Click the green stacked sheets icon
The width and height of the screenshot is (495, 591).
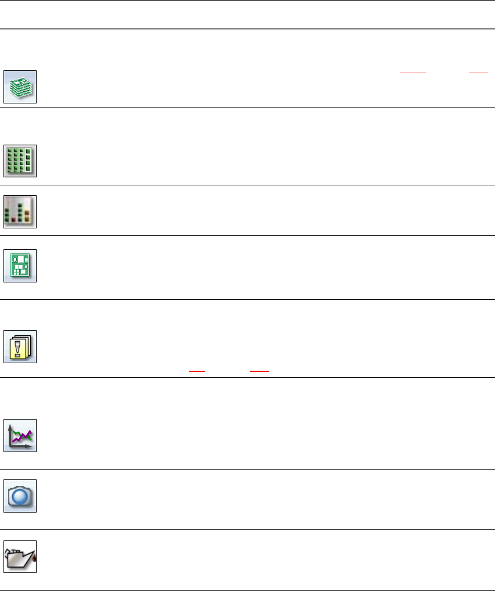point(20,87)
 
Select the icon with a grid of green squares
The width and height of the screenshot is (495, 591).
point(20,160)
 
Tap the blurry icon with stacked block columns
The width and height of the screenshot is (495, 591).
point(20,212)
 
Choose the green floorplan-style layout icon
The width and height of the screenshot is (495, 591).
point(20,266)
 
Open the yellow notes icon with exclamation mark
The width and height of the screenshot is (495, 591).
point(20,346)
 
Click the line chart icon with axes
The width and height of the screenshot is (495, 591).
point(20,435)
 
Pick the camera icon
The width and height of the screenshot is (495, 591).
point(20,496)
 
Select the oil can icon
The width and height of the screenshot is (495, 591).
point(20,557)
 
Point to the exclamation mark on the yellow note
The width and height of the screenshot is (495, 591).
point(19,349)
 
